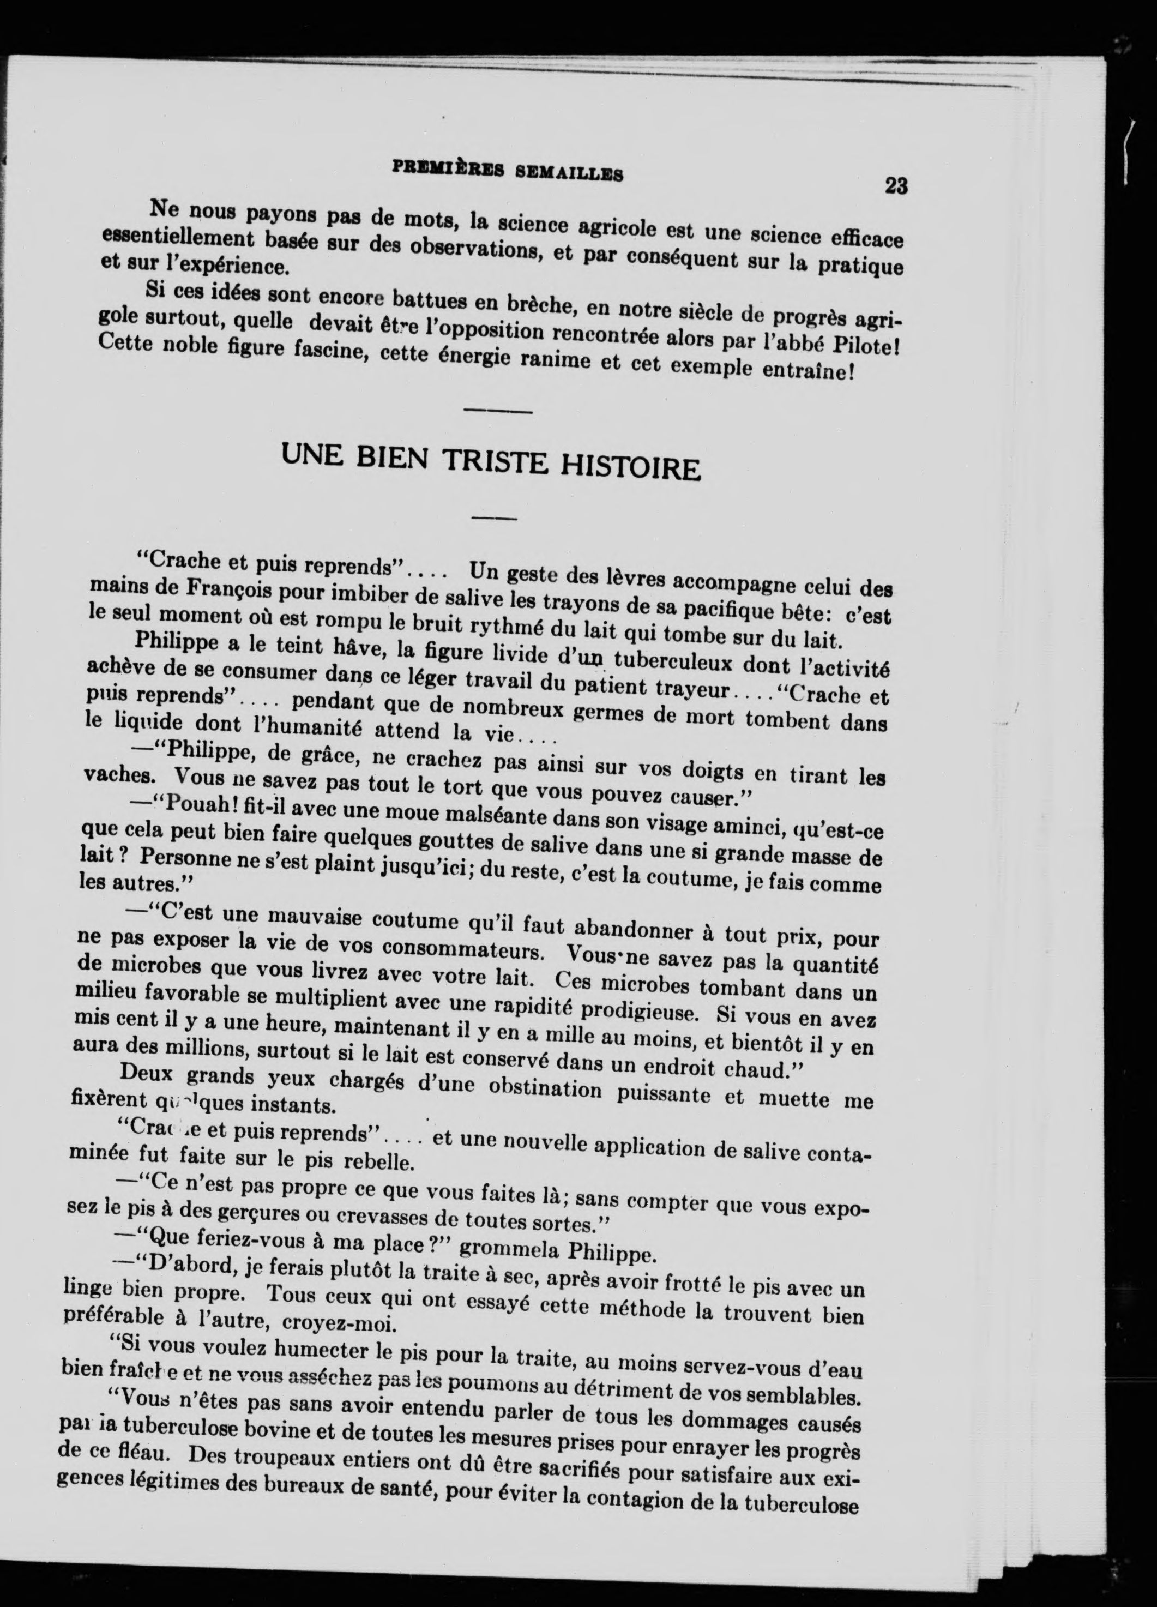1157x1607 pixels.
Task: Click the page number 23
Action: [896, 185]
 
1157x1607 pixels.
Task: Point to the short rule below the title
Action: [495, 519]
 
